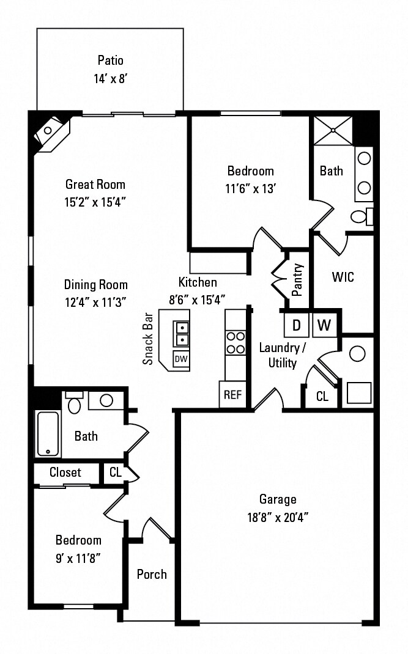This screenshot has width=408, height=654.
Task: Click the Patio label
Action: [110, 60]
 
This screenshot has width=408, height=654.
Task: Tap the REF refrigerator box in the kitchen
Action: [232, 394]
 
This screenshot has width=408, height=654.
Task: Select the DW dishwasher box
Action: [181, 359]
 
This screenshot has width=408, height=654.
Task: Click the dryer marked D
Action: [297, 325]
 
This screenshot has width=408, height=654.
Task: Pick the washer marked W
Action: [324, 325]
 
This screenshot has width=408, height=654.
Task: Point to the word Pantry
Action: [298, 279]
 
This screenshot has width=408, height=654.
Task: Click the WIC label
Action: [343, 277]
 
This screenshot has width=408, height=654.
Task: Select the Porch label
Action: [152, 574]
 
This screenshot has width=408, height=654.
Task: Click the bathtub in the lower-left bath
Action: [48, 434]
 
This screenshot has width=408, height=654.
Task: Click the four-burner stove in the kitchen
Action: [236, 342]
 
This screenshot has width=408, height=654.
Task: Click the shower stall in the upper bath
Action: [334, 130]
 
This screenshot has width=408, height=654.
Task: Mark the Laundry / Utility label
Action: [282, 355]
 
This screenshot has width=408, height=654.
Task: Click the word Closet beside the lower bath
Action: [65, 472]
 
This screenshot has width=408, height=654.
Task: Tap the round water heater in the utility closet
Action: [357, 353]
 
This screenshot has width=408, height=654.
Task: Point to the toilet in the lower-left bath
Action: [75, 403]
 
